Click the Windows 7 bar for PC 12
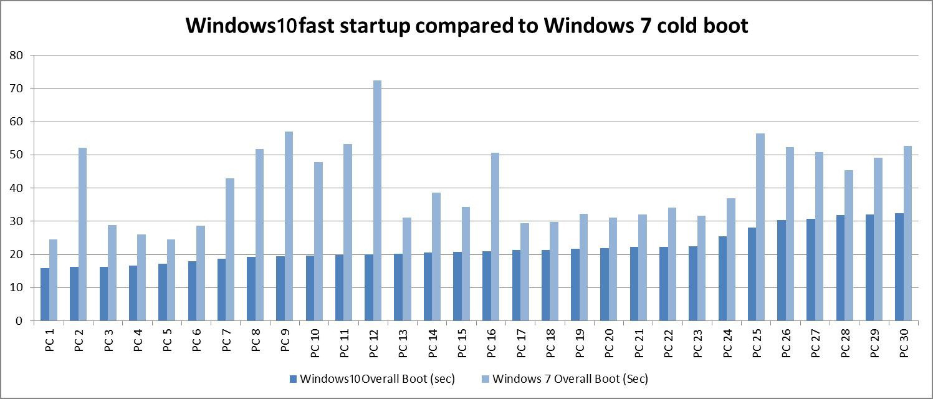377,200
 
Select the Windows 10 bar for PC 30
899,267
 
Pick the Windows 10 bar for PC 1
45,294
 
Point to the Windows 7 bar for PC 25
760,227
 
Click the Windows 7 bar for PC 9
289,226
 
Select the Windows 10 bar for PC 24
722,278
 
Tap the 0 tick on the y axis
19,321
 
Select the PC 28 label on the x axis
845,341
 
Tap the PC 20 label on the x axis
610,341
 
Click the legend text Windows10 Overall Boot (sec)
377,378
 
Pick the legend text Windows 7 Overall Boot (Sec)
570,378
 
